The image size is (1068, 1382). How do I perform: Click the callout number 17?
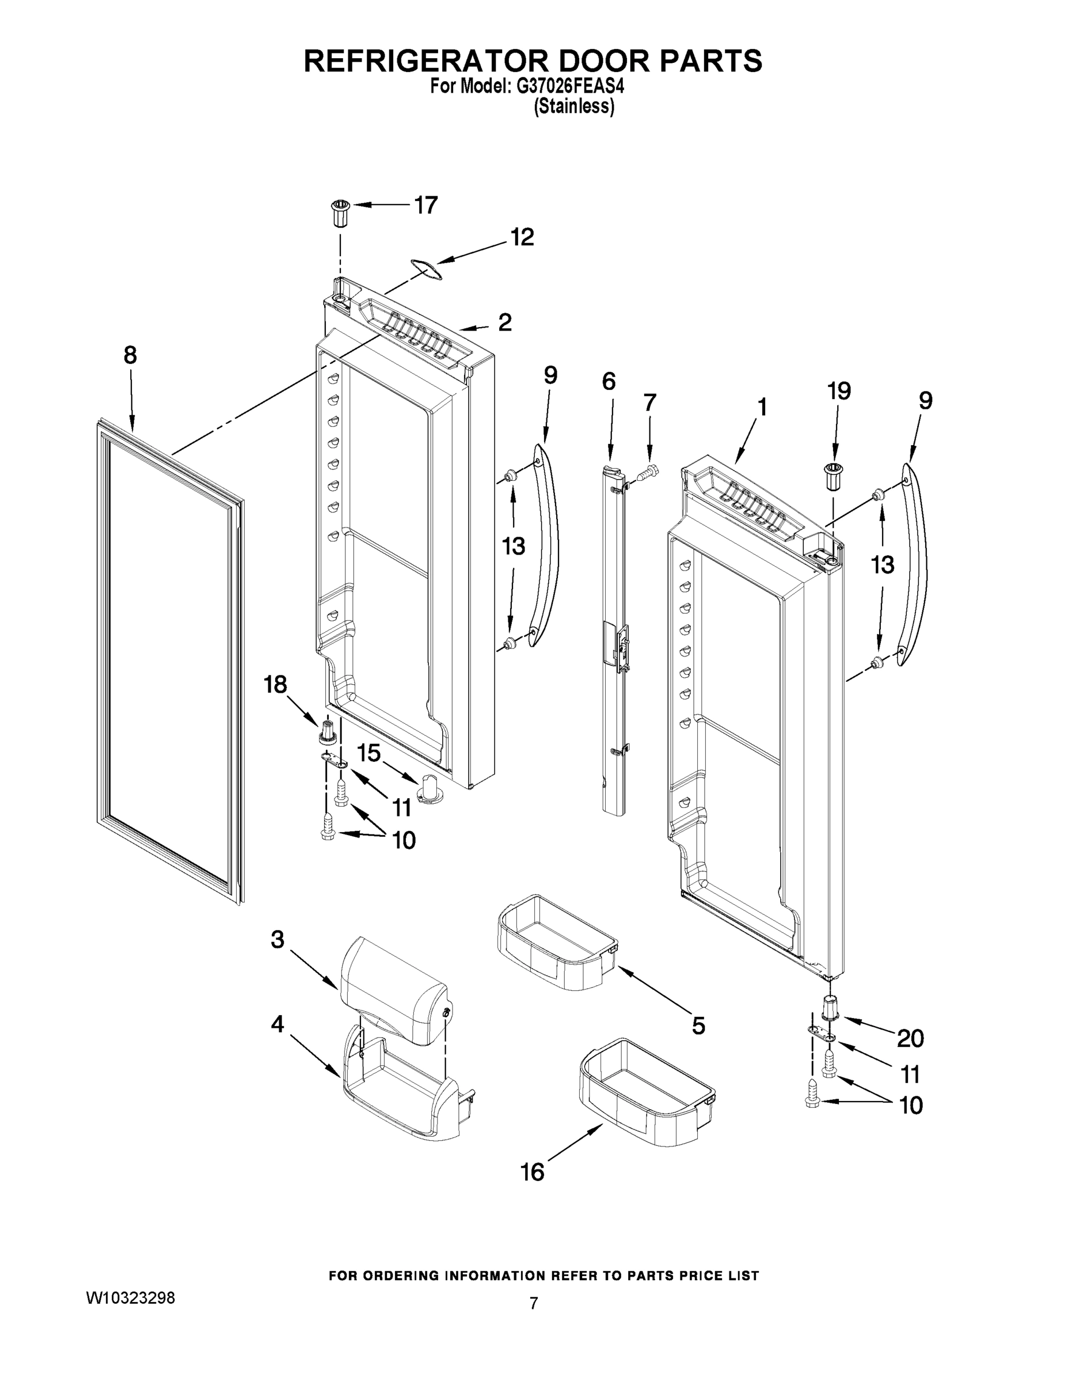426,205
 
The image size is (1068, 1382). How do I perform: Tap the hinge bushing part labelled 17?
340,215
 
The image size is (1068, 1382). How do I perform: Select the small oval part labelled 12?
424,269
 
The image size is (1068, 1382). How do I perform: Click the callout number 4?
277,1024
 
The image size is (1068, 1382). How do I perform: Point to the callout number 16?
532,1172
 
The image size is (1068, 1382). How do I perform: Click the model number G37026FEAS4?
571,86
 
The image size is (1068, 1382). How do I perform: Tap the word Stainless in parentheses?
574,107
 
